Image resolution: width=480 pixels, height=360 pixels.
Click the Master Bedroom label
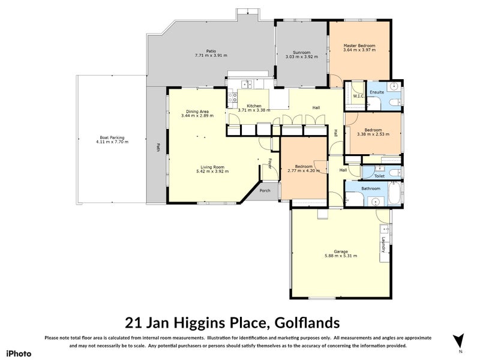coord(359,46)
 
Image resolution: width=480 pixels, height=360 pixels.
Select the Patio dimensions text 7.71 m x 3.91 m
coord(211,56)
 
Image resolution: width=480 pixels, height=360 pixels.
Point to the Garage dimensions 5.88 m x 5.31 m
coord(340,256)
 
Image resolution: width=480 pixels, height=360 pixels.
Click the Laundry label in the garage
coord(382,245)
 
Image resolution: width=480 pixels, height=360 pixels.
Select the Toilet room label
coord(379,177)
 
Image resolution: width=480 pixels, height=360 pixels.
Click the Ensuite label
coord(376,92)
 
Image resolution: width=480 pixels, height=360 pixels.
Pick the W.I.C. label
coord(358,97)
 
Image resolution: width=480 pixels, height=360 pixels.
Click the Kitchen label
coord(254,106)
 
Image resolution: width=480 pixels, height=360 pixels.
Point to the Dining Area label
coord(197,112)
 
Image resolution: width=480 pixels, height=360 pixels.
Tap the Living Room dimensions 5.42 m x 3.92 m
coord(212,171)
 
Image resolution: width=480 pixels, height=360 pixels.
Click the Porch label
coord(265,191)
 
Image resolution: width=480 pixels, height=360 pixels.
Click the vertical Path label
coord(158,146)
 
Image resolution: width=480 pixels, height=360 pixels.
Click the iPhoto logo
coord(19,353)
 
